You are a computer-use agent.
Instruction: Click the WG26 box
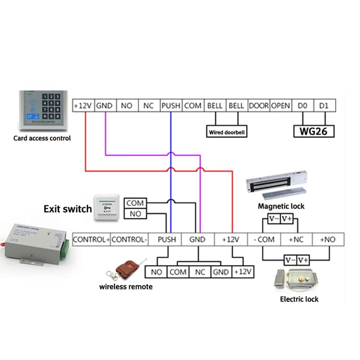(314, 131)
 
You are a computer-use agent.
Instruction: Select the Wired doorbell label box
(227, 132)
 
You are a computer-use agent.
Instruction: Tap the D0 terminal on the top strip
(303, 106)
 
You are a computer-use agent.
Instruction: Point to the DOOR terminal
(259, 106)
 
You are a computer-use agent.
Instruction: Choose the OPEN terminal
(280, 106)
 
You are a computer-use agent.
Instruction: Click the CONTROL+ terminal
(91, 239)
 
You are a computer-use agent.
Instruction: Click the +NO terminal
(328, 239)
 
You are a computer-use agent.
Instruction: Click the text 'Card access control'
(42, 138)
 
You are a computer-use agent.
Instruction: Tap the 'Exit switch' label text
(68, 209)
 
